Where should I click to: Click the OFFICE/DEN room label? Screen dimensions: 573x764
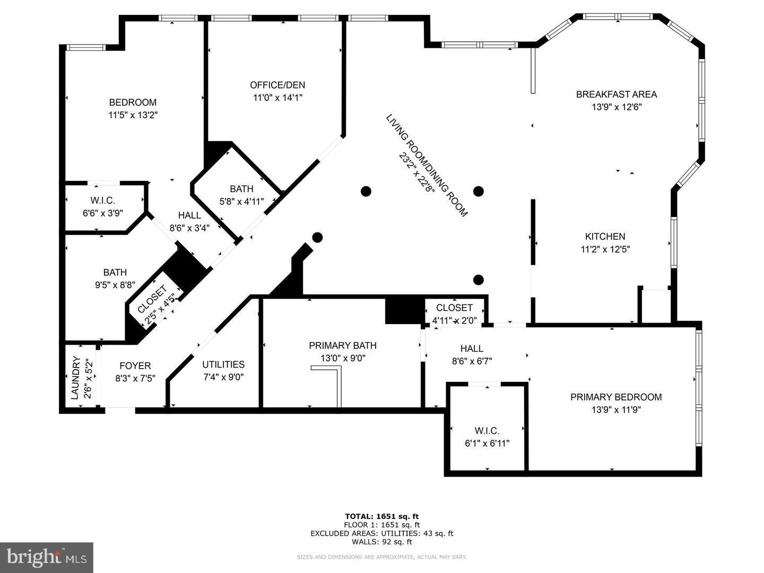click(x=277, y=85)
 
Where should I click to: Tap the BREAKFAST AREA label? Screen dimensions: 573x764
click(x=617, y=94)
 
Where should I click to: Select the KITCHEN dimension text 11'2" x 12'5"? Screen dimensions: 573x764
click(x=605, y=249)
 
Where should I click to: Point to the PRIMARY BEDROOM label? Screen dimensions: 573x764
click(x=616, y=397)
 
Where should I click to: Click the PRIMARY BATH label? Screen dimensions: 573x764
click(x=343, y=345)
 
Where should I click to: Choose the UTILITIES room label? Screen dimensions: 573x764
click(x=223, y=364)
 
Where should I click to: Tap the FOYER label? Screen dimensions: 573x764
click(x=135, y=366)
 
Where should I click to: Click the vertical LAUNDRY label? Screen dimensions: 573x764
click(x=75, y=378)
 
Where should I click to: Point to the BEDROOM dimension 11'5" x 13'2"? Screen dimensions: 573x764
click(x=133, y=115)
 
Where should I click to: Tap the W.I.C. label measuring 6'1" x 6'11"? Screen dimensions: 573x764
click(x=487, y=431)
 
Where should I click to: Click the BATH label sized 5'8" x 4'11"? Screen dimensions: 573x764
click(x=241, y=189)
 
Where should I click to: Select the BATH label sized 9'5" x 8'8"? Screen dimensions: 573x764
click(x=115, y=272)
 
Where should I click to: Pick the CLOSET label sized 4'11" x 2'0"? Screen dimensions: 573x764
click(x=454, y=308)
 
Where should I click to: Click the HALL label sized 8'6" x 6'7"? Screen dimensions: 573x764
click(x=472, y=349)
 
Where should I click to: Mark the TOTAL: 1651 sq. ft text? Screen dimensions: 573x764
click(x=382, y=516)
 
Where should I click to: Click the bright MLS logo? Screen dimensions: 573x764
click(x=46, y=557)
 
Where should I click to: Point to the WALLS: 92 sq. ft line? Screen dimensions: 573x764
click(x=382, y=542)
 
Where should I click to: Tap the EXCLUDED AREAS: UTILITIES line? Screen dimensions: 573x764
click(x=382, y=533)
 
